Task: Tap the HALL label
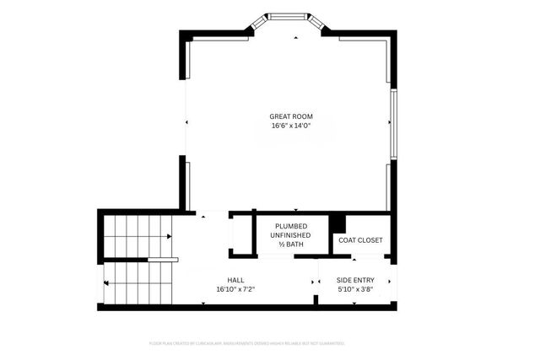(x=236, y=280)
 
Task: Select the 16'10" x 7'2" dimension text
(x=236, y=289)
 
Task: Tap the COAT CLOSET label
(x=360, y=240)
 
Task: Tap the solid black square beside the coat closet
(x=337, y=223)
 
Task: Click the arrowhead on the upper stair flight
(x=170, y=237)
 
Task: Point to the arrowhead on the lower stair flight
(x=107, y=282)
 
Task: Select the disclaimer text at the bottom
(x=246, y=343)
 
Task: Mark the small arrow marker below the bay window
(x=294, y=38)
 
